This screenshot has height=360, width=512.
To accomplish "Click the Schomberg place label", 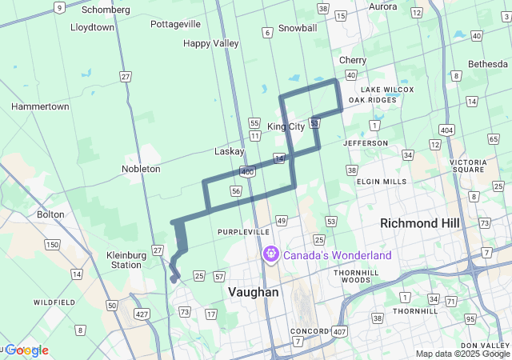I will click(x=106, y=10).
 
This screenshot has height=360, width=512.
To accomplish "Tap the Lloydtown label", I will click(x=93, y=26).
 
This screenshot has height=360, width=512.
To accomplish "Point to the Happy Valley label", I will click(x=211, y=43).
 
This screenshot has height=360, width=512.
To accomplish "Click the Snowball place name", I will click(x=298, y=28).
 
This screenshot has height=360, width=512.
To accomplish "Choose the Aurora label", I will click(x=382, y=6).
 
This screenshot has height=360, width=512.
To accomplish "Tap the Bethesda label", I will click(x=487, y=63).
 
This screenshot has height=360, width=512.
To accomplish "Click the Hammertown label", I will click(x=40, y=106).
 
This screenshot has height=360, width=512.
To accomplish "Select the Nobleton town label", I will click(x=141, y=169).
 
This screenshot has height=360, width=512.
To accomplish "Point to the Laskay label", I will click(x=230, y=151).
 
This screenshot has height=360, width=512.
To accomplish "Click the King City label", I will click(x=286, y=126).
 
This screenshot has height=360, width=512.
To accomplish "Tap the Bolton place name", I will click(x=50, y=214).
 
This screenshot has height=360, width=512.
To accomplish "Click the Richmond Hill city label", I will click(x=420, y=222).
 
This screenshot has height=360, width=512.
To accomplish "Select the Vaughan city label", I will click(x=254, y=293).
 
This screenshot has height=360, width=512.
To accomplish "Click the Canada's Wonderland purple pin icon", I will click(x=271, y=255).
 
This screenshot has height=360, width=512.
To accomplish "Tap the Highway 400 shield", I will click(x=247, y=172).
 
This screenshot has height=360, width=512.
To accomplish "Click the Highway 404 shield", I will click(x=446, y=129).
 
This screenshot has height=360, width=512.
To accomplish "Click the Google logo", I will click(x=27, y=350).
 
